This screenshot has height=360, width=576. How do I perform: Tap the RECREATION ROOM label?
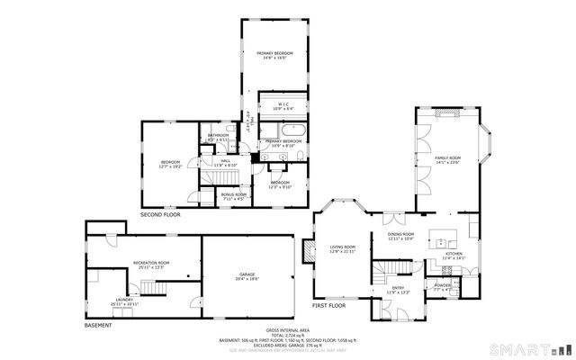[150, 262]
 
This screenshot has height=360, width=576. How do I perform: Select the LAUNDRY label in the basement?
[124, 301]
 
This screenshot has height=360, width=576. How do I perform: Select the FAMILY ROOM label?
[447, 158]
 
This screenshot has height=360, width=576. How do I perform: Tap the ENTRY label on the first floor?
[398, 288]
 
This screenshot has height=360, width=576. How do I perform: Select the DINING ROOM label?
[400, 234]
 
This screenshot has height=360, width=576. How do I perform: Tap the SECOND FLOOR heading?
[159, 215]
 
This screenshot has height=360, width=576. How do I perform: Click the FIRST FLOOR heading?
[328, 305]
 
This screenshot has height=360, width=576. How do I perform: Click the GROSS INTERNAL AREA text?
[287, 329]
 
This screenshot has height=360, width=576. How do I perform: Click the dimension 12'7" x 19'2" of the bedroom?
[170, 166]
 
